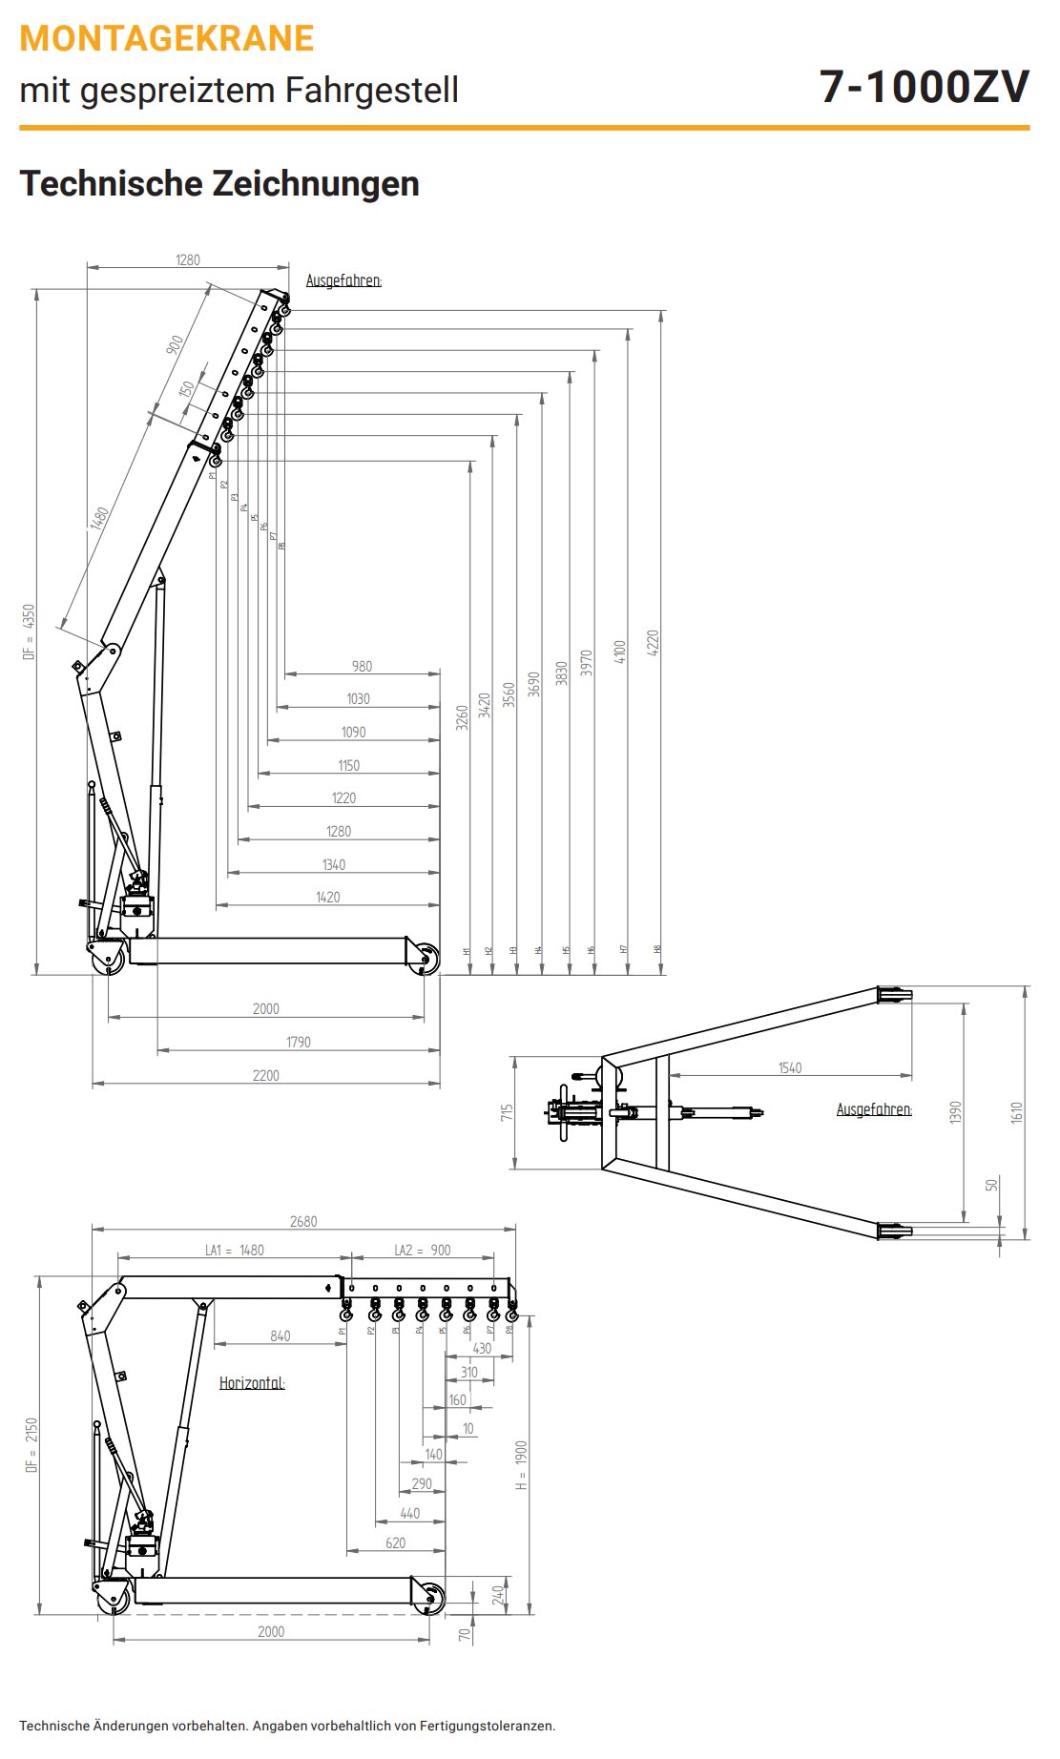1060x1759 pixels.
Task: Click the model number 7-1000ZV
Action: [x=924, y=87]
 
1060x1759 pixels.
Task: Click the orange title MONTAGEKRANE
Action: [x=166, y=38]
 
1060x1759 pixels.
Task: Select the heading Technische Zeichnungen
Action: [x=219, y=183]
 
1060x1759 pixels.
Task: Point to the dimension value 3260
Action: [x=462, y=717]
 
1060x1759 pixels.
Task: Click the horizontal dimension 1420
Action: [x=327, y=897]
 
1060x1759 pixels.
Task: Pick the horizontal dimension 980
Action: [x=362, y=666]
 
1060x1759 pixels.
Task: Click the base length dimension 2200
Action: [x=265, y=1075]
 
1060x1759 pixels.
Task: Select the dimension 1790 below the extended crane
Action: [x=298, y=1042]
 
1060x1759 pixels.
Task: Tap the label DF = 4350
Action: [x=30, y=631]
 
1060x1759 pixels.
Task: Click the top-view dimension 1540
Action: [x=789, y=1067]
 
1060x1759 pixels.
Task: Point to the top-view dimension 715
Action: [x=507, y=1112]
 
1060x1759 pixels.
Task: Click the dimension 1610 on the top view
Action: [x=1016, y=1112]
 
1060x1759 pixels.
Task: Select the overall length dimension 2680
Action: [x=302, y=1221]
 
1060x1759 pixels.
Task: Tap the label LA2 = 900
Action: [x=422, y=1250]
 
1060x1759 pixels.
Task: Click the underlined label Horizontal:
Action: [x=252, y=1382]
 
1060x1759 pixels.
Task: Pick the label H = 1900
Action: [x=521, y=1465]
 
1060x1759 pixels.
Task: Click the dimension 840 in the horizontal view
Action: [x=280, y=1335]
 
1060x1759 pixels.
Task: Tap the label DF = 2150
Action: [x=31, y=1445]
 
